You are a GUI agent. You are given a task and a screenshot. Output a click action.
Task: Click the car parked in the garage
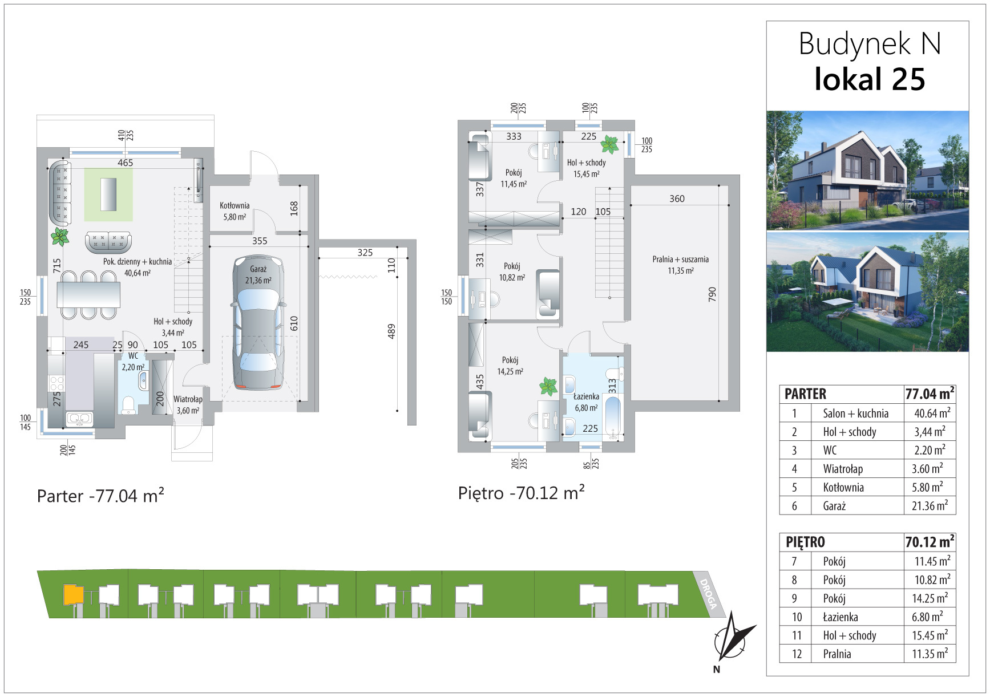(258, 323)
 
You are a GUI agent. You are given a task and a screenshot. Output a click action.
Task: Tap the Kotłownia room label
(235, 206)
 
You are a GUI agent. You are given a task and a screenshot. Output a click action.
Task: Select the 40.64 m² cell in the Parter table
(932, 413)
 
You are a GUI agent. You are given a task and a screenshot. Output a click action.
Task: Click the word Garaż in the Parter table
(834, 506)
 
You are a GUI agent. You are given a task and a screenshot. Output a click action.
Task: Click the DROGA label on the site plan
(708, 594)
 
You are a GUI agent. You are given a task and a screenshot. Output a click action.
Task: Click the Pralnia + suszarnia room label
(680, 260)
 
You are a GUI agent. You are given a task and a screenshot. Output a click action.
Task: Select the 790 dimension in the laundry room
(712, 294)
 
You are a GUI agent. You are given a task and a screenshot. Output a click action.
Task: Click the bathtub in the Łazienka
(612, 418)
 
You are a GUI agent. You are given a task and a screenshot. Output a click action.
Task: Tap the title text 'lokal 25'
(869, 79)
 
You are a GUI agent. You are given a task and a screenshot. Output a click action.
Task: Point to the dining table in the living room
(88, 295)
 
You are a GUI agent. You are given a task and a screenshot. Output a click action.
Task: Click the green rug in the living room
(108, 194)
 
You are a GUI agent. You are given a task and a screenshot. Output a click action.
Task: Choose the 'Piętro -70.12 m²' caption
(521, 493)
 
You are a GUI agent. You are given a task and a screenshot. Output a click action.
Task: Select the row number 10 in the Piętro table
(797, 617)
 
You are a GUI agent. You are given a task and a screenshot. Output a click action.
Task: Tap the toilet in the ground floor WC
(129, 404)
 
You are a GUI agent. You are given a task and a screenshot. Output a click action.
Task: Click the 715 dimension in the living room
(56, 266)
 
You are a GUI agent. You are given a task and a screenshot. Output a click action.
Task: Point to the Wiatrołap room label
(188, 399)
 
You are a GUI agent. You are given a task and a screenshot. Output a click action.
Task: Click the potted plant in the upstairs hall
(609, 145)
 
